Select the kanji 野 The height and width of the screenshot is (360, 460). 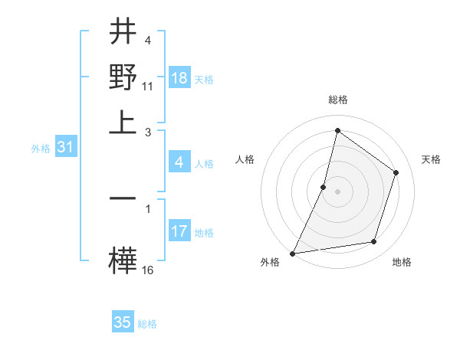(x=123, y=77)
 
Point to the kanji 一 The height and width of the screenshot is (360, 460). (x=123, y=198)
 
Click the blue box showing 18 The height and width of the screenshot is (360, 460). (x=179, y=78)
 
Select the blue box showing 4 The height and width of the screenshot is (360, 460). (x=179, y=162)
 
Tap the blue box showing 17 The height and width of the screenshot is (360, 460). (x=179, y=231)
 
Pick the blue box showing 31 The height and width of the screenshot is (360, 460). (x=65, y=148)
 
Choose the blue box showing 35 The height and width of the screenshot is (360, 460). (x=123, y=322)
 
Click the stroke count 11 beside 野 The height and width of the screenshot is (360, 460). (x=148, y=86)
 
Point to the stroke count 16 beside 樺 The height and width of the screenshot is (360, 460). (x=148, y=270)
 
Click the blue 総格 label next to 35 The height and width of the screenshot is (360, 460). (x=147, y=324)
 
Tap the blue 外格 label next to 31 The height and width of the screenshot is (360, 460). (x=40, y=149)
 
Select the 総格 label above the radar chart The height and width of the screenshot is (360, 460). (x=337, y=100)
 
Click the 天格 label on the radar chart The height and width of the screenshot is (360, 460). (x=431, y=159)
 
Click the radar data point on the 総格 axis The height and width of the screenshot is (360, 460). (x=337, y=130)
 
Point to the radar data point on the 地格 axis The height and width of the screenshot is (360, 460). (x=374, y=242)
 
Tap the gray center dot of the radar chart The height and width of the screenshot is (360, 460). (x=337, y=191)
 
